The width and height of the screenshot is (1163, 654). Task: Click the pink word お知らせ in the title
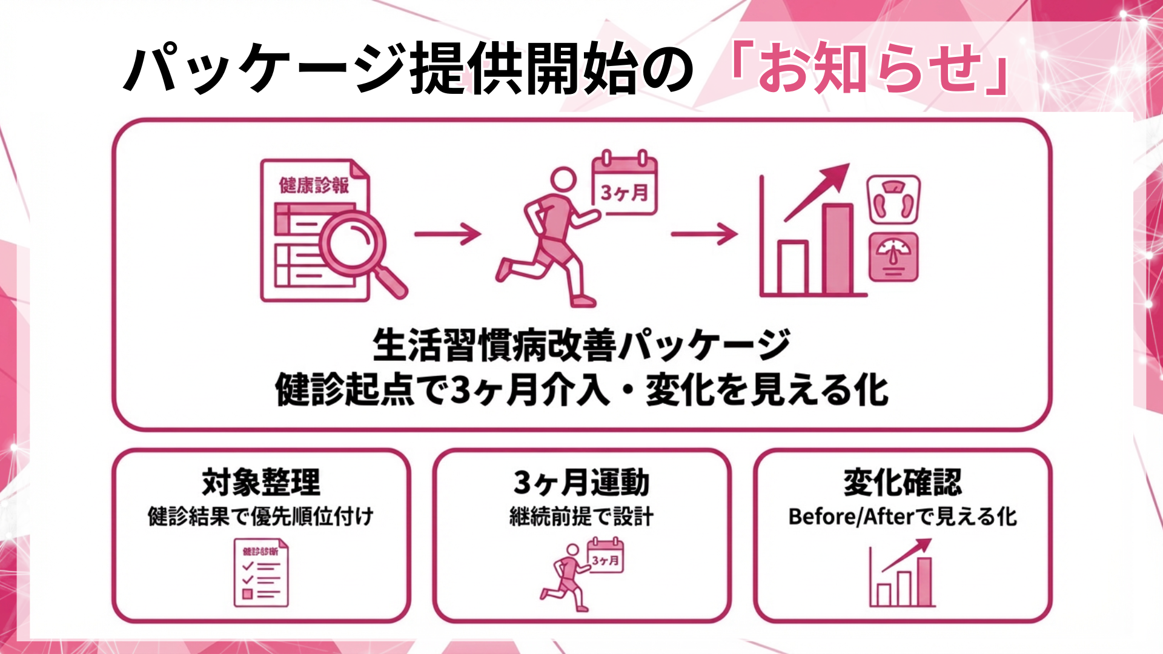(x=870, y=68)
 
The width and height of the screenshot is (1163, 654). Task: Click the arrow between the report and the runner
(x=447, y=233)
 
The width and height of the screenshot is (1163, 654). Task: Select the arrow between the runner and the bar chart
(x=704, y=233)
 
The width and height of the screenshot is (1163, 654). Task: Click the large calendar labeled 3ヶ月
(x=625, y=184)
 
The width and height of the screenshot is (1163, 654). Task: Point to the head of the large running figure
(x=563, y=180)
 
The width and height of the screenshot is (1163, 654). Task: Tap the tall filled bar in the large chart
(x=838, y=249)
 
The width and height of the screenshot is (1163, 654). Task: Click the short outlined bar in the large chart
(x=792, y=267)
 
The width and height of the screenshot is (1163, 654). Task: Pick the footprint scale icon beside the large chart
(x=893, y=199)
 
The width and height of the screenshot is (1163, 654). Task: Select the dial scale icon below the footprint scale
(x=893, y=258)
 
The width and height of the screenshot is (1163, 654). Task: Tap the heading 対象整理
(x=261, y=483)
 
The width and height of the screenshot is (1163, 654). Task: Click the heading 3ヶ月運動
(x=581, y=483)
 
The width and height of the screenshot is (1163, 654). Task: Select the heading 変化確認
(x=903, y=483)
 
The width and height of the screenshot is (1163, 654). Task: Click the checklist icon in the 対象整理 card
(x=261, y=573)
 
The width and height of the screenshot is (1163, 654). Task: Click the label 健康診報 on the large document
(x=314, y=185)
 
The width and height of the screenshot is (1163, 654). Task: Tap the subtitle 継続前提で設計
(x=581, y=517)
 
